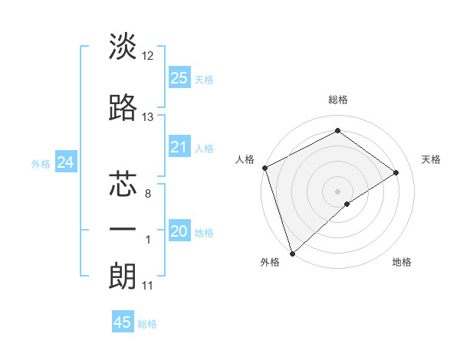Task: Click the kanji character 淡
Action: (123, 47)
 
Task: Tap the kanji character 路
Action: (123, 107)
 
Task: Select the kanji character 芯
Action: (123, 184)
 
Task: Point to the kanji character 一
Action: (123, 230)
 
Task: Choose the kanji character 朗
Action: (123, 276)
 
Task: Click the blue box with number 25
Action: (179, 77)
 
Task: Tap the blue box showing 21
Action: (179, 147)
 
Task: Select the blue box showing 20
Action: (179, 231)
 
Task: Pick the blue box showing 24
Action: (66, 162)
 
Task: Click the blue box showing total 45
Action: (123, 322)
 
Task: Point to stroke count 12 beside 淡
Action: (148, 56)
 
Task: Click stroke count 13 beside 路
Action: (148, 117)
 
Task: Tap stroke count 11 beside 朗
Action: (148, 286)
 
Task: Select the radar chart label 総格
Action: (337, 100)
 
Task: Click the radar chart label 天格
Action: (431, 159)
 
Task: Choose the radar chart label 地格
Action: (402, 262)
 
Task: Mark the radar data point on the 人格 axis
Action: (264, 168)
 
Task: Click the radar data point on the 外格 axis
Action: (292, 253)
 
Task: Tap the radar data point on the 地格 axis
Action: (347, 204)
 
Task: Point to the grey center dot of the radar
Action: (337, 191)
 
